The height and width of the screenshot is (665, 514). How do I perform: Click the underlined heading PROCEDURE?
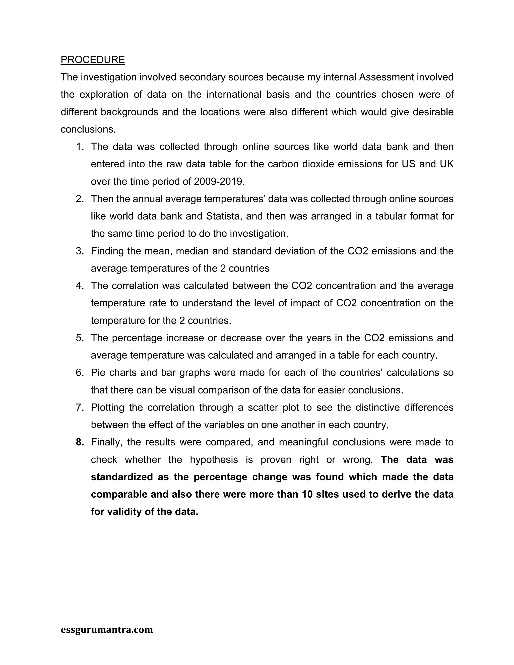pos(93,60)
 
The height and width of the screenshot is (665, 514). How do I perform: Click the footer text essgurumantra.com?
pos(107,629)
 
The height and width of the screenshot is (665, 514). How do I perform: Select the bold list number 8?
pos(80,442)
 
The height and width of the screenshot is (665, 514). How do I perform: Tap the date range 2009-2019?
pos(219,181)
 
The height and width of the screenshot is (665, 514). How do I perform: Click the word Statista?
pos(223,216)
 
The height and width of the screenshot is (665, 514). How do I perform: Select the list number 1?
pos(80,147)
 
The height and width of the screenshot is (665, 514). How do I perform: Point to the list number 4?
pos(80,286)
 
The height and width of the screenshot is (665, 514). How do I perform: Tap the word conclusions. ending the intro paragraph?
pos(88,129)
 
